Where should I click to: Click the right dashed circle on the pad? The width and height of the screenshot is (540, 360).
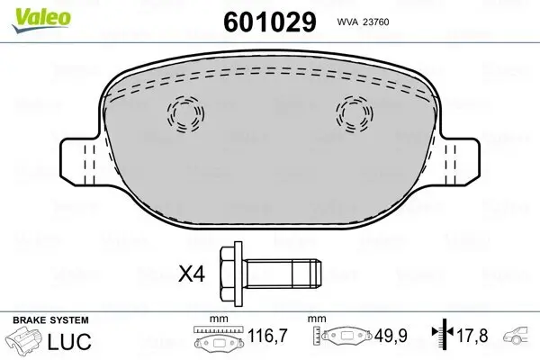pos(354,113)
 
